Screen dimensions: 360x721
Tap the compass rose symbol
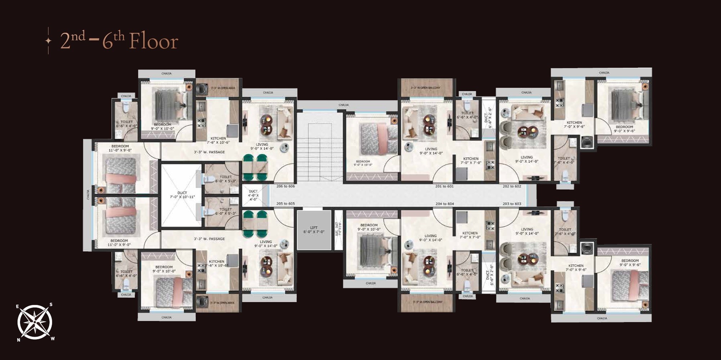pyautogui.click(x=35, y=322)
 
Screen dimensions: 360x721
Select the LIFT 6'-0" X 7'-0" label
pyautogui.click(x=314, y=230)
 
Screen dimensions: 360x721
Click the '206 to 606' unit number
pyautogui.click(x=285, y=186)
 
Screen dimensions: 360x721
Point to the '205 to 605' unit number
pyautogui.click(x=285, y=204)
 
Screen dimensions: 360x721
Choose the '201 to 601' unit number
pyautogui.click(x=444, y=186)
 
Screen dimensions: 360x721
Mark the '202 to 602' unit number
pyautogui.click(x=512, y=186)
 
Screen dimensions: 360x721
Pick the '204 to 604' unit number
pyautogui.click(x=444, y=204)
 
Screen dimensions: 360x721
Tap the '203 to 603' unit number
pyautogui.click(x=512, y=204)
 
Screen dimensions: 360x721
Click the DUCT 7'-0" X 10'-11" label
pyautogui.click(x=182, y=195)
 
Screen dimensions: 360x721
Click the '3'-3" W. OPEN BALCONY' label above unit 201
pyautogui.click(x=425, y=88)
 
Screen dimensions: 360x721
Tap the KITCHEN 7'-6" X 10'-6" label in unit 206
pyautogui.click(x=218, y=140)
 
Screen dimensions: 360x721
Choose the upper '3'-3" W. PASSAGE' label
pyautogui.click(x=209, y=152)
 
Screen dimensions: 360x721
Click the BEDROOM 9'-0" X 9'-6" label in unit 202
pyautogui.click(x=624, y=129)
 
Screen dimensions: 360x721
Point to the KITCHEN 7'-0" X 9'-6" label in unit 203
pyautogui.click(x=576, y=267)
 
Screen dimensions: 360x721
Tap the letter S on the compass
pyautogui.click(x=51, y=305)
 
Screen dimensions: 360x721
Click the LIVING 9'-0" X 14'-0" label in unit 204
pyautogui.click(x=430, y=238)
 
